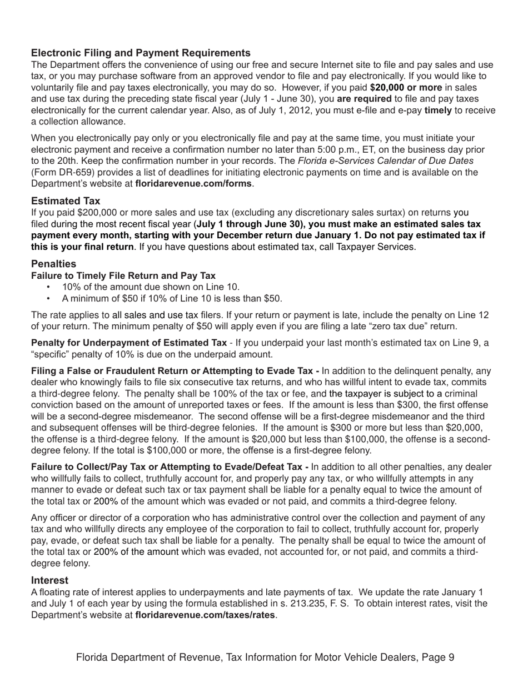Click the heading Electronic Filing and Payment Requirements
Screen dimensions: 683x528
click(141, 53)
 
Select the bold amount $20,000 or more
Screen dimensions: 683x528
click(406, 87)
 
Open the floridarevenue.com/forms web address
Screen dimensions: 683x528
click(194, 183)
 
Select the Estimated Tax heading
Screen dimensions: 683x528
click(66, 200)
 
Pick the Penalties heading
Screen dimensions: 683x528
click(53, 263)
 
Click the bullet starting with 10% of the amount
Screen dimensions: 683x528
click(151, 287)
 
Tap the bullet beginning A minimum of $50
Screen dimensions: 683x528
click(172, 298)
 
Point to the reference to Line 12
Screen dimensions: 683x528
click(474, 315)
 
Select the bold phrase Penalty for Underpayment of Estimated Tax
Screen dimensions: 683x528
click(128, 343)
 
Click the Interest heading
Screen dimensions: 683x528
click(50, 580)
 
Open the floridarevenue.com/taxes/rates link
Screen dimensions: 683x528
click(205, 615)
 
